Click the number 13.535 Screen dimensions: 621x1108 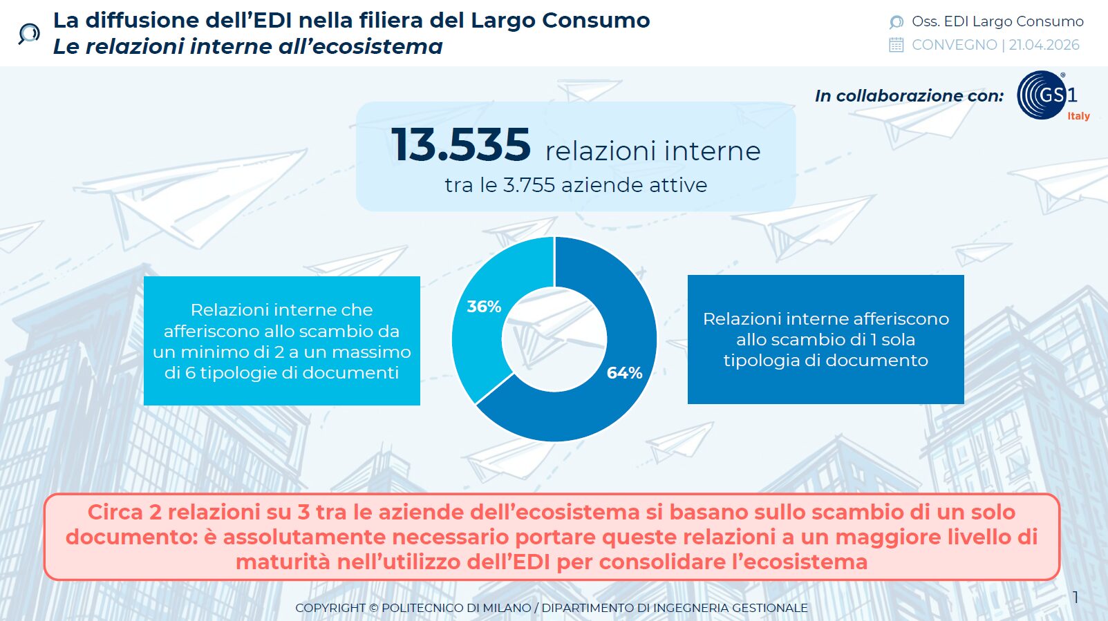[x=460, y=145]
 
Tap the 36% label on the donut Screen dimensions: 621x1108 [x=484, y=307]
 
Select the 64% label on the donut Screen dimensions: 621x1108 [x=624, y=373]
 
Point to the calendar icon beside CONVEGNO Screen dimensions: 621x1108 [x=896, y=46]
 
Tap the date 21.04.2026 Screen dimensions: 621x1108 [x=1044, y=45]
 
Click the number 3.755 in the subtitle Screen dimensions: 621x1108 [x=529, y=185]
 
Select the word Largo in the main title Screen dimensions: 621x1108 [x=502, y=21]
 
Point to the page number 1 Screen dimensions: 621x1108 [x=1076, y=598]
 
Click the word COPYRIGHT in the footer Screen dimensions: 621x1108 [x=330, y=608]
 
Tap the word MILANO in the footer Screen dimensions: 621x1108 [x=507, y=608]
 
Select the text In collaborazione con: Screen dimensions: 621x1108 [x=909, y=96]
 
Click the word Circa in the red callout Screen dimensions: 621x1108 [x=115, y=512]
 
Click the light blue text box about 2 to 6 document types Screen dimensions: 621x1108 [x=282, y=341]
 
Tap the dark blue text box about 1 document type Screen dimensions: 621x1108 [x=825, y=339]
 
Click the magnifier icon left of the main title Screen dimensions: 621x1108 [x=29, y=33]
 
